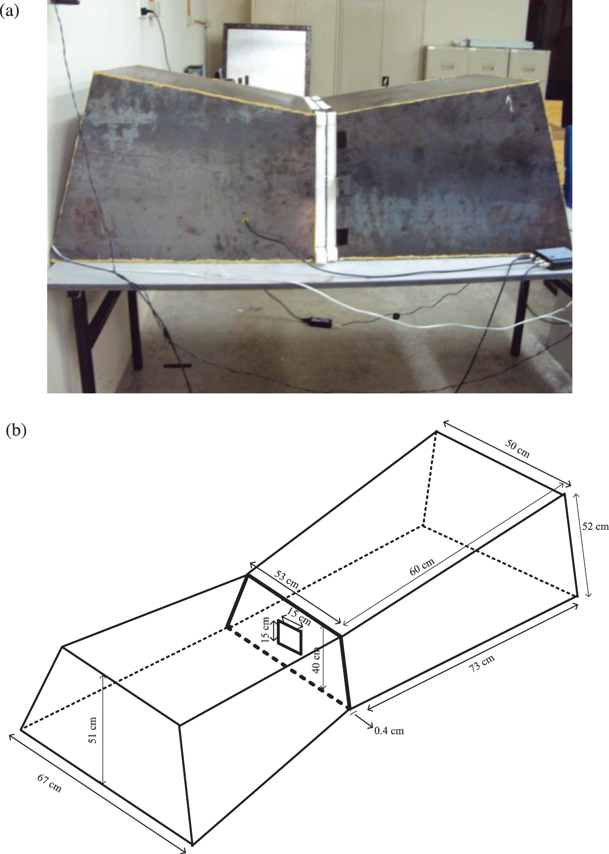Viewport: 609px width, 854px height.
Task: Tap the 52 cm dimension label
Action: (x=595, y=526)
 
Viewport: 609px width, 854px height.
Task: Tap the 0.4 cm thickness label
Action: (x=389, y=731)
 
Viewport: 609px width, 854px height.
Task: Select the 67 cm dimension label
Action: (x=49, y=783)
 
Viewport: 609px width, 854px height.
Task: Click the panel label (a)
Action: (x=10, y=11)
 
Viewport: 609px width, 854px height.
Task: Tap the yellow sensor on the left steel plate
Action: (x=245, y=221)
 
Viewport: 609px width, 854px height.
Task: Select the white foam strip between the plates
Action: (x=324, y=180)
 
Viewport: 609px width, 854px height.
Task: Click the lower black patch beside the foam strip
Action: (x=341, y=236)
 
